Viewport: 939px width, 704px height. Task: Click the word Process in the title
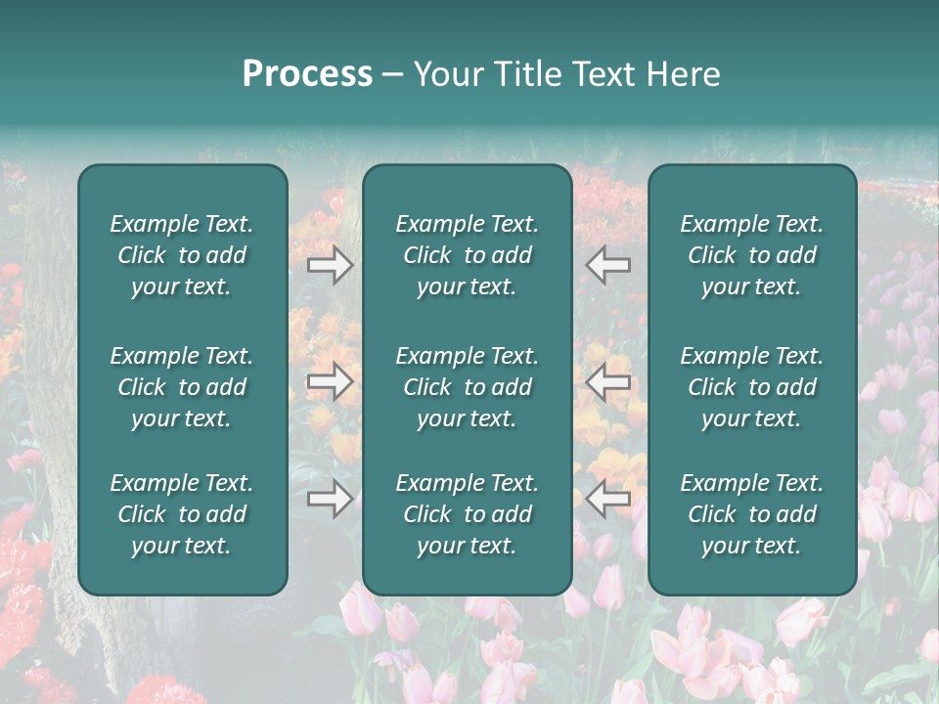point(307,74)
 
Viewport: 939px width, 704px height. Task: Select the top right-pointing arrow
point(330,265)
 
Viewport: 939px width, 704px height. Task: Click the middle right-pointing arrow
point(330,382)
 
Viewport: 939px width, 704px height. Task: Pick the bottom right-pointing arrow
point(330,500)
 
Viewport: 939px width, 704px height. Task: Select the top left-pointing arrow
point(608,265)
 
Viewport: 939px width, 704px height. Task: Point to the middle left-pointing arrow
point(608,382)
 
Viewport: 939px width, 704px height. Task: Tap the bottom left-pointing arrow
point(608,500)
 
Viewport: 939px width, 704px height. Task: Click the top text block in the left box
point(182,255)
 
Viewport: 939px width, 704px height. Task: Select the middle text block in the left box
point(182,387)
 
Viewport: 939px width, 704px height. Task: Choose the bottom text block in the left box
point(182,514)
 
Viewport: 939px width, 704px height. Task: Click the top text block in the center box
point(467,255)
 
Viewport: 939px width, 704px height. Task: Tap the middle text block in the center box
point(467,387)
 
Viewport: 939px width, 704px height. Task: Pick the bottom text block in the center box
point(467,514)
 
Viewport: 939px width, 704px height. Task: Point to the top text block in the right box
point(751,255)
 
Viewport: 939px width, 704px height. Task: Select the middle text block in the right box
point(751,387)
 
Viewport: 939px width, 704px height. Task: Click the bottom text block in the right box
point(751,514)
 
